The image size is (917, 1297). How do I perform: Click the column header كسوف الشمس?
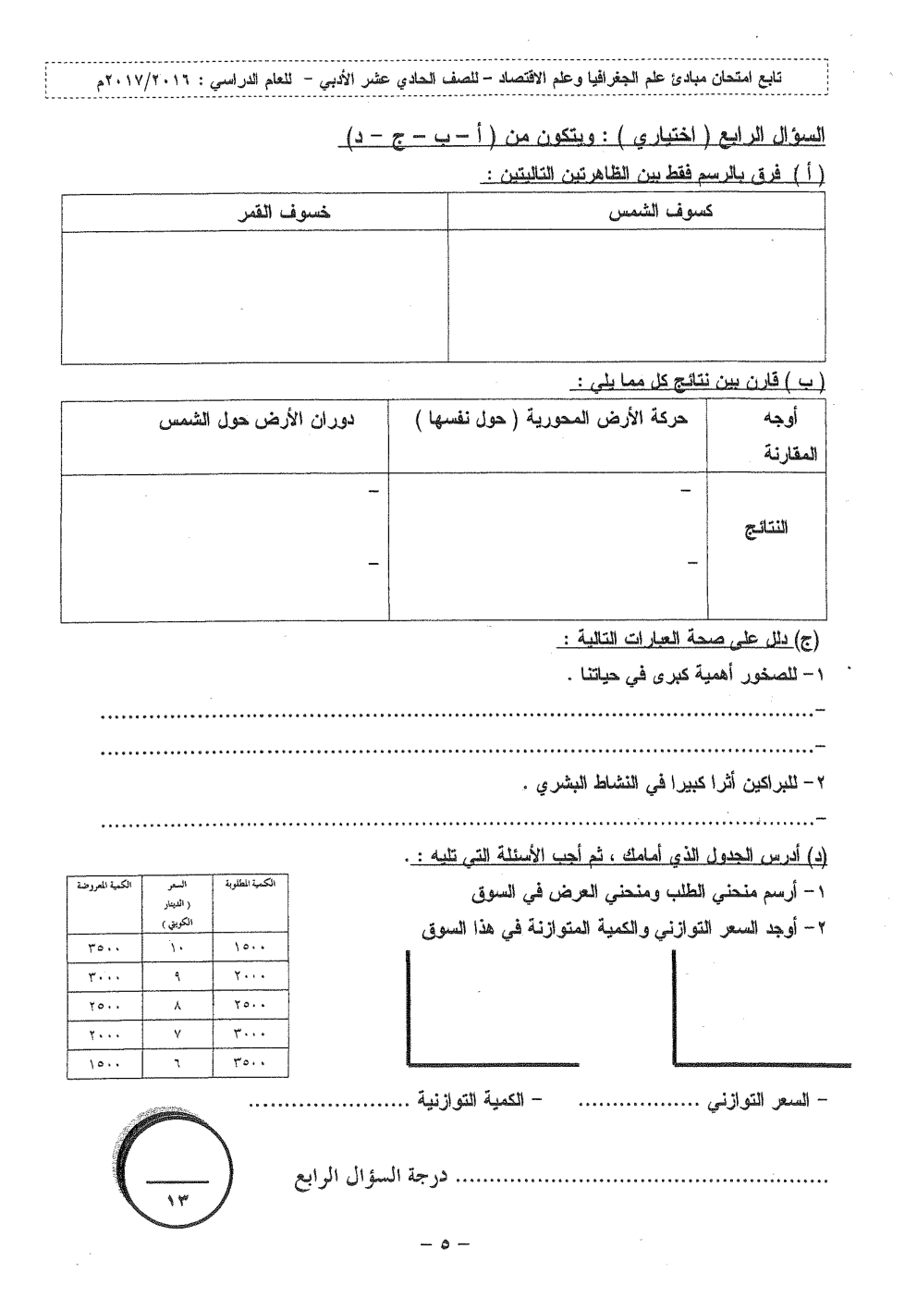[660, 212]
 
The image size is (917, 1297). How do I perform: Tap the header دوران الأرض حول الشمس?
[258, 420]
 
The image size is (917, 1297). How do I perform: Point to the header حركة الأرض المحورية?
[551, 420]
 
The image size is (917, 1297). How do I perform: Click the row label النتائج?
[766, 529]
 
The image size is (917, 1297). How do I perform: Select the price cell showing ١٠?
[177, 947]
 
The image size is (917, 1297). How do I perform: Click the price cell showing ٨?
[177, 1006]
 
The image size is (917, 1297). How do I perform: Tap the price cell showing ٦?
[177, 1063]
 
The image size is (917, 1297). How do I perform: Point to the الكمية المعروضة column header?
[103, 885]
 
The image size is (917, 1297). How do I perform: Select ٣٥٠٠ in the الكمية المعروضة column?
[104, 947]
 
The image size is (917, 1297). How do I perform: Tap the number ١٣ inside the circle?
[177, 1199]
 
